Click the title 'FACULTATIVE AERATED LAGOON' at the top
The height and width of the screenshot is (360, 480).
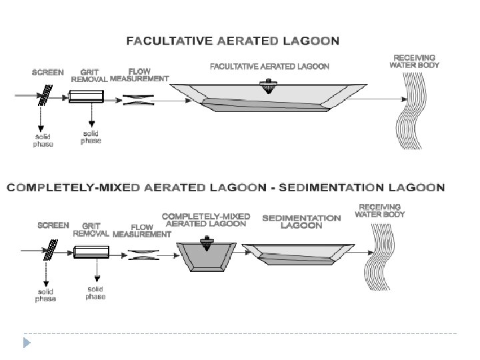pos(233,41)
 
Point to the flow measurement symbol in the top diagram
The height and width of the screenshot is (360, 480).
pos(139,100)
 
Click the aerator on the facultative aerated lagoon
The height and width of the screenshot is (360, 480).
pos(269,85)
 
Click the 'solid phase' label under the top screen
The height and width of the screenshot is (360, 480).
pos(43,141)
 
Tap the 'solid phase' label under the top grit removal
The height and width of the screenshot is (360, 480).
pos(91,137)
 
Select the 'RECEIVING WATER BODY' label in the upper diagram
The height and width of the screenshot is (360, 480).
pos(414,62)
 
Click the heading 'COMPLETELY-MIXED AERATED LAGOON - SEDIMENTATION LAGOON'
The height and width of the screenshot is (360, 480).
pos(226,187)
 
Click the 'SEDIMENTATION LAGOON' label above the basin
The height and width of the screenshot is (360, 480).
pos(301,221)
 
